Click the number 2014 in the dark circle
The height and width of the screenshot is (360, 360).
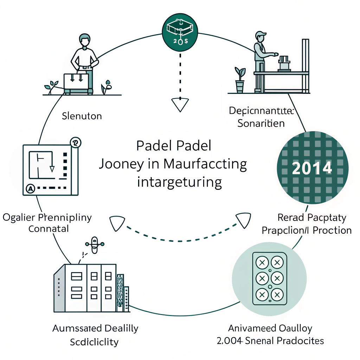click(312, 169)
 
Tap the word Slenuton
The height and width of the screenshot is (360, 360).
click(82, 116)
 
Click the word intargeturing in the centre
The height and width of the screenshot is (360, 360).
click(179, 182)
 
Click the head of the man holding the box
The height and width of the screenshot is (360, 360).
click(85, 40)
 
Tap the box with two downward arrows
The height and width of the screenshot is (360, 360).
click(76, 81)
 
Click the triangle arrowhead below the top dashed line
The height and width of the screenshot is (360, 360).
click(180, 104)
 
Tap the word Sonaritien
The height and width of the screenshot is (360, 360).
click(261, 124)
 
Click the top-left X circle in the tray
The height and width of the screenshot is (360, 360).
click(262, 262)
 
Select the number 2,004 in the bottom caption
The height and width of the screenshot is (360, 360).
click(230, 341)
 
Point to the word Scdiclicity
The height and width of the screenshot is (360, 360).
click(94, 342)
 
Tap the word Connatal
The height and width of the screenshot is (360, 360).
click(48, 229)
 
